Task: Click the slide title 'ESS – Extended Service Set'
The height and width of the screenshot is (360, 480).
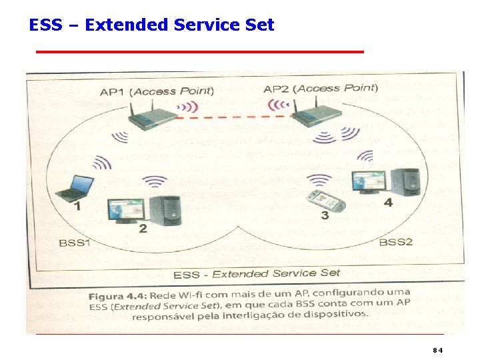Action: point(151,25)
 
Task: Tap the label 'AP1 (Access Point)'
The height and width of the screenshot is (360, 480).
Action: point(157,91)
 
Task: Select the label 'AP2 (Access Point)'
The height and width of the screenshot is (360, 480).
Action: point(321,88)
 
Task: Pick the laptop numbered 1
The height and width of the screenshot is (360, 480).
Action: point(74,188)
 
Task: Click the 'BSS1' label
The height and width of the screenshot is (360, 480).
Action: point(75,243)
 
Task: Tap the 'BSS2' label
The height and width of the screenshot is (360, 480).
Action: point(396,241)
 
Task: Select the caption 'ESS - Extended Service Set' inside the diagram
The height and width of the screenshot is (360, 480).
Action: point(257,273)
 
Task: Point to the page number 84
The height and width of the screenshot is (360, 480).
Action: point(437,350)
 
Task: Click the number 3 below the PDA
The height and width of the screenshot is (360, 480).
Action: point(325,215)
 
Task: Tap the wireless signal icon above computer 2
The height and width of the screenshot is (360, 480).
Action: point(155,181)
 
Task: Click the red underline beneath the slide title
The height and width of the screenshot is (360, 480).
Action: point(199,51)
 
